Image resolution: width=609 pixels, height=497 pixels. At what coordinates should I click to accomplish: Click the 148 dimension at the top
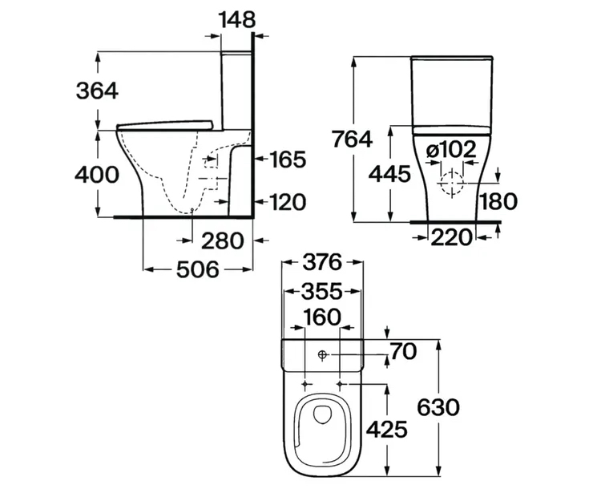coord(238,19)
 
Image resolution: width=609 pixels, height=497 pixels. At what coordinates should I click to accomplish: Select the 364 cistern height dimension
coord(97,91)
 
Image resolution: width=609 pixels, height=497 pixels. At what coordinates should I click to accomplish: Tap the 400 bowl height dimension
coord(97,175)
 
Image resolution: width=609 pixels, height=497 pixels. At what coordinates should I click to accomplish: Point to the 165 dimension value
coord(287,160)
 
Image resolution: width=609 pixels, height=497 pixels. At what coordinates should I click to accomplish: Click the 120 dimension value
coord(287,202)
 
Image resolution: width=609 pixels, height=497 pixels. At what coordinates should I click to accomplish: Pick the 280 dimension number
coord(223,240)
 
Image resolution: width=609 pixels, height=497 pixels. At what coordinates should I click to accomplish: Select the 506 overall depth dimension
coord(198,269)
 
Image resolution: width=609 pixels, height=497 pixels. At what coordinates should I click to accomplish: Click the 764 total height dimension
coord(352,139)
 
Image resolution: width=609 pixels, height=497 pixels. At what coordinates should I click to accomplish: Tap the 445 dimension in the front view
coord(389,174)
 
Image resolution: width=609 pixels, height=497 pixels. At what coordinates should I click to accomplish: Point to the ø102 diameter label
coord(450,149)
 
